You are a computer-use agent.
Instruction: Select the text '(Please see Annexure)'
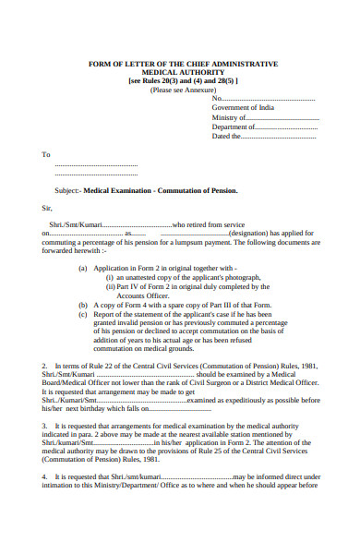tap(184, 90)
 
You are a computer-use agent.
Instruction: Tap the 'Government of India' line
tap(243, 108)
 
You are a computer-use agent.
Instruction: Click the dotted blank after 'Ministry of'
tap(282, 117)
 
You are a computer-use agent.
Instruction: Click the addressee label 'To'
tap(46, 155)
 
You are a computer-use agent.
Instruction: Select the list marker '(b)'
tap(83, 304)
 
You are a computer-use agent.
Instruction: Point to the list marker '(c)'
tap(83, 313)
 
